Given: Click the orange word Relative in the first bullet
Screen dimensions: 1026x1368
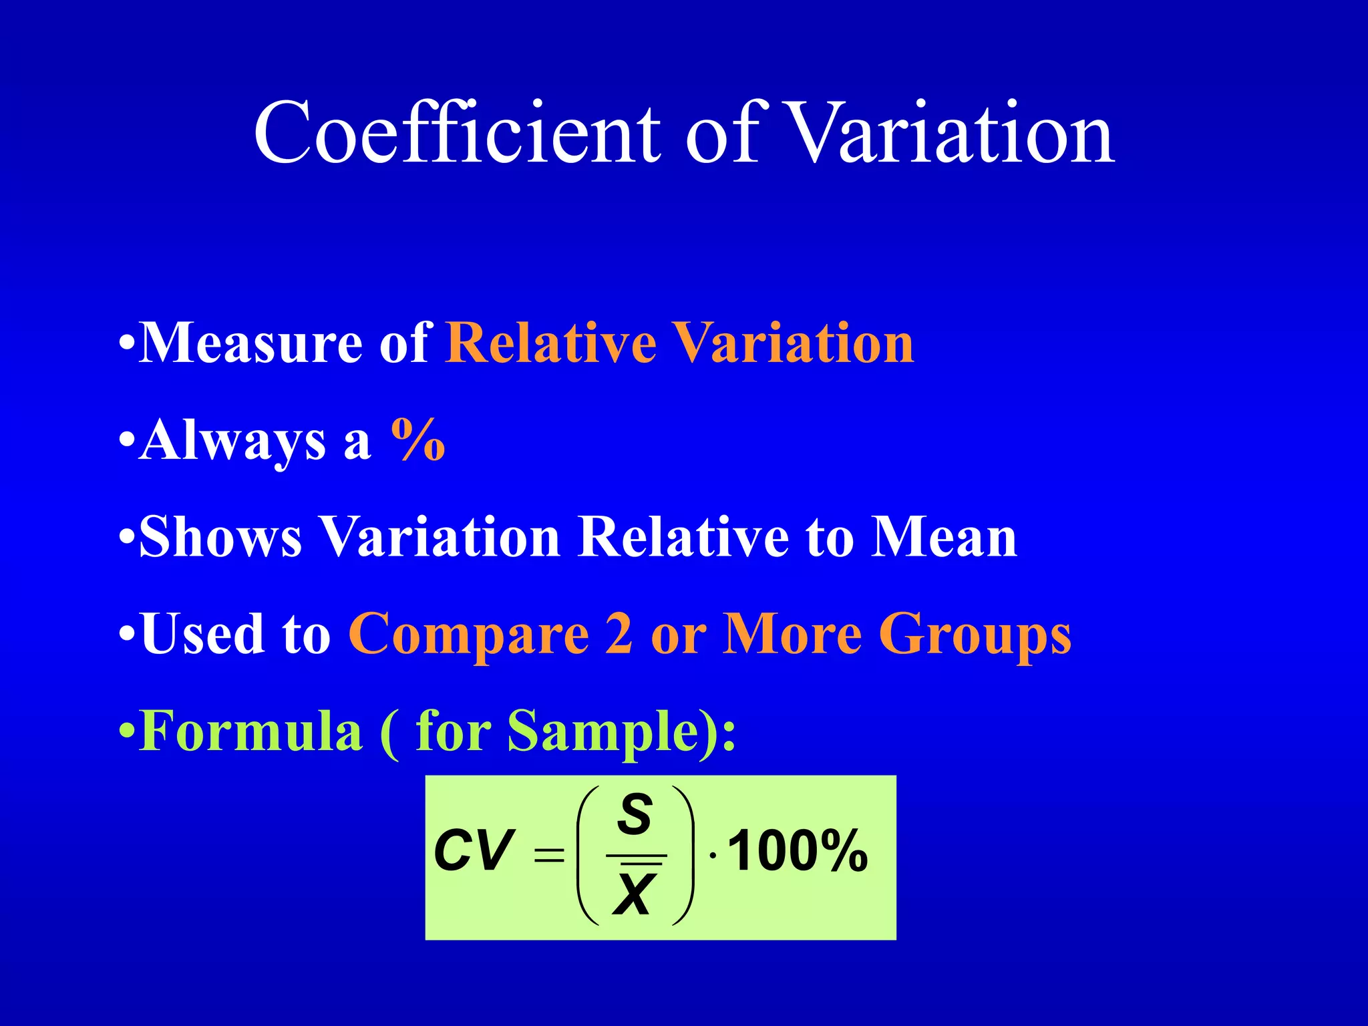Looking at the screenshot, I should (x=551, y=343).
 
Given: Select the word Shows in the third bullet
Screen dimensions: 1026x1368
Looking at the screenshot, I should (x=221, y=537).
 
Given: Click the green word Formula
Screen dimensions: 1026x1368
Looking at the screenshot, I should (x=251, y=731).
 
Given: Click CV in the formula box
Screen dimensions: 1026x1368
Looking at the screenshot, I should (x=474, y=851).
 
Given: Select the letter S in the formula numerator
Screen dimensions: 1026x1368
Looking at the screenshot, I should (x=635, y=814).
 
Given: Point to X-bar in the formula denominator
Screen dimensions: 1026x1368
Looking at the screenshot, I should (x=635, y=892).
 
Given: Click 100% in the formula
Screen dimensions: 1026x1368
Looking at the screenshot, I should (x=798, y=851).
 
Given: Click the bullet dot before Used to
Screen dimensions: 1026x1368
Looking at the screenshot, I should (x=127, y=635).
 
